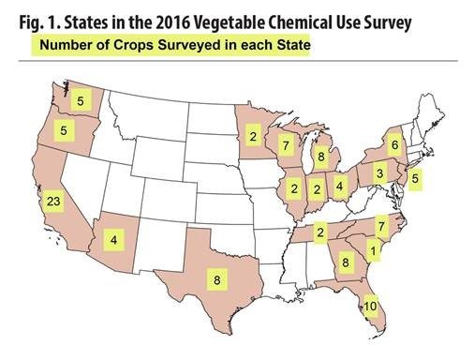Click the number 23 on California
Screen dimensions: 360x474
(52, 202)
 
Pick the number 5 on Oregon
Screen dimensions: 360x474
(65, 132)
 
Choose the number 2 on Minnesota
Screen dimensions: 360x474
(252, 137)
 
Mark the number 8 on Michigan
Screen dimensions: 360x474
(320, 157)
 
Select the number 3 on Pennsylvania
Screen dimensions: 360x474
(378, 174)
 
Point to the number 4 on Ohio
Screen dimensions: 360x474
(341, 185)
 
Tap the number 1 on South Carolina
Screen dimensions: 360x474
(373, 251)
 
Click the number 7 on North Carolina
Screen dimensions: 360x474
(380, 226)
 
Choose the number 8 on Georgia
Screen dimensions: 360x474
(346, 263)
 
